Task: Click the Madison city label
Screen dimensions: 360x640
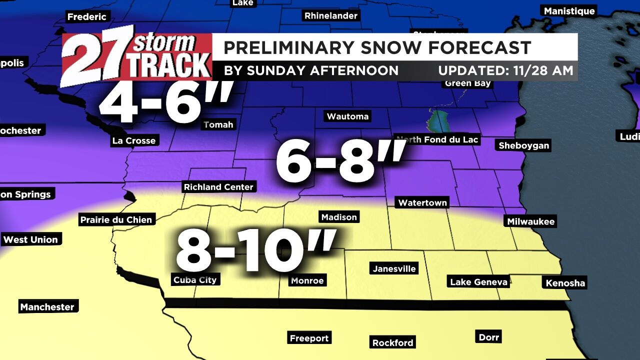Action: [x=339, y=217]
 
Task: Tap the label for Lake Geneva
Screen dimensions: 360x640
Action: [x=478, y=282]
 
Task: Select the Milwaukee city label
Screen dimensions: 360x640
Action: [x=530, y=221]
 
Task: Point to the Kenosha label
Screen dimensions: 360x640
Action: [x=565, y=283]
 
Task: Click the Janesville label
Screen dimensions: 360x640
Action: [x=394, y=268]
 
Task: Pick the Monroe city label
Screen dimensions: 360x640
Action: [x=307, y=280]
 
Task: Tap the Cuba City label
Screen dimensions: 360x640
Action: [x=195, y=280]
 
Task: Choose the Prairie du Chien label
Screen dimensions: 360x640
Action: [x=116, y=219]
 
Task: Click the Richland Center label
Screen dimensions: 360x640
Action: [x=218, y=187]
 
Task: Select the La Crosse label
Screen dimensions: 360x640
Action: [x=134, y=140]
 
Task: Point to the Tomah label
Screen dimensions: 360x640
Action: [x=218, y=124]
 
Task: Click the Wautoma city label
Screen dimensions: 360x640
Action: [x=347, y=116]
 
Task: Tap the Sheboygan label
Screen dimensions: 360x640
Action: [x=523, y=145]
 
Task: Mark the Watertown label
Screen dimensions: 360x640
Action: [x=422, y=202]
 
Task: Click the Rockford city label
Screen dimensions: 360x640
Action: [x=392, y=342]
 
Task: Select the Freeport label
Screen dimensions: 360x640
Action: [x=309, y=338]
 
